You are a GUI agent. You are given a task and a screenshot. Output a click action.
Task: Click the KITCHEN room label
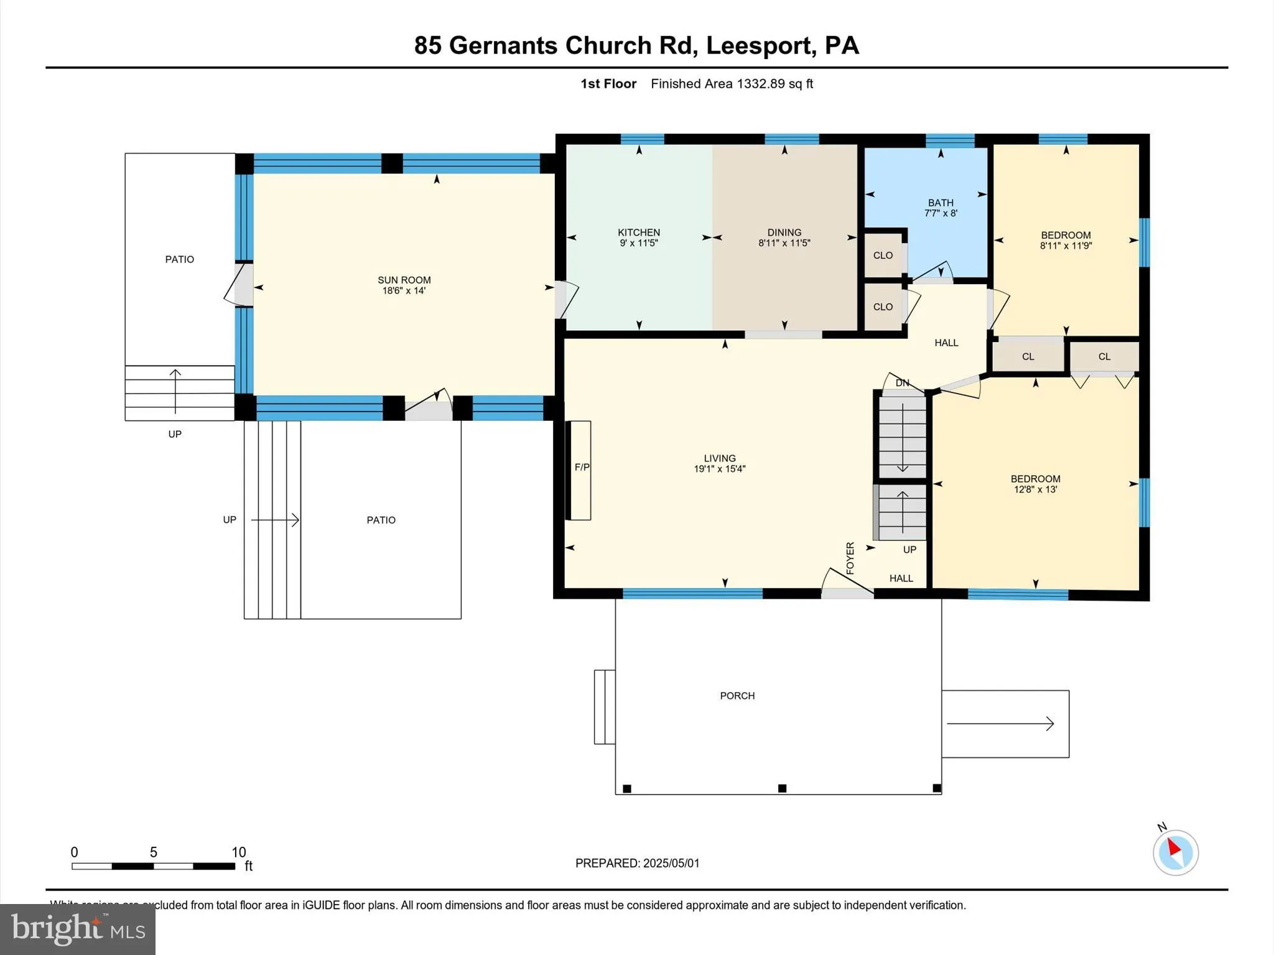638,233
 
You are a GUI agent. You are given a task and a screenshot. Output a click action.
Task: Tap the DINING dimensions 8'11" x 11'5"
784,243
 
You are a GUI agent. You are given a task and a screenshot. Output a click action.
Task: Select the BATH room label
940,203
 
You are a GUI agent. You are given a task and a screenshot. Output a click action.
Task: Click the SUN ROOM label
404,280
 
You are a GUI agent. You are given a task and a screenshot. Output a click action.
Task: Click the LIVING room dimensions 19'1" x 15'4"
719,469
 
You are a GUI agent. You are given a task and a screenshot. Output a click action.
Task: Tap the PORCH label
737,696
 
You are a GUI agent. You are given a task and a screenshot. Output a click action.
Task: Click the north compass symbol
1174,852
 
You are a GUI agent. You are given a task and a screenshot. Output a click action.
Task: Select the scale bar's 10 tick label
238,852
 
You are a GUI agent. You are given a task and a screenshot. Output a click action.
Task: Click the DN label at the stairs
902,383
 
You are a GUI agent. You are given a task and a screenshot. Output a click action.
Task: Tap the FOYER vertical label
850,558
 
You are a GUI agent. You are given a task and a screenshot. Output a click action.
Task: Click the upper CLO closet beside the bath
883,256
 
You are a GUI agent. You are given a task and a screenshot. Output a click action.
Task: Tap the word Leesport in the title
758,45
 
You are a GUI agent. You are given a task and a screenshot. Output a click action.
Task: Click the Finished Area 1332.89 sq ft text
732,84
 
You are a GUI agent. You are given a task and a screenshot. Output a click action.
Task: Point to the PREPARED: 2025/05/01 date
637,863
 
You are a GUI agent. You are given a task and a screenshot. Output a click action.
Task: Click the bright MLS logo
77,929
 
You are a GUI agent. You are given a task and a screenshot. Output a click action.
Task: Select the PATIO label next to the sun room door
179,259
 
